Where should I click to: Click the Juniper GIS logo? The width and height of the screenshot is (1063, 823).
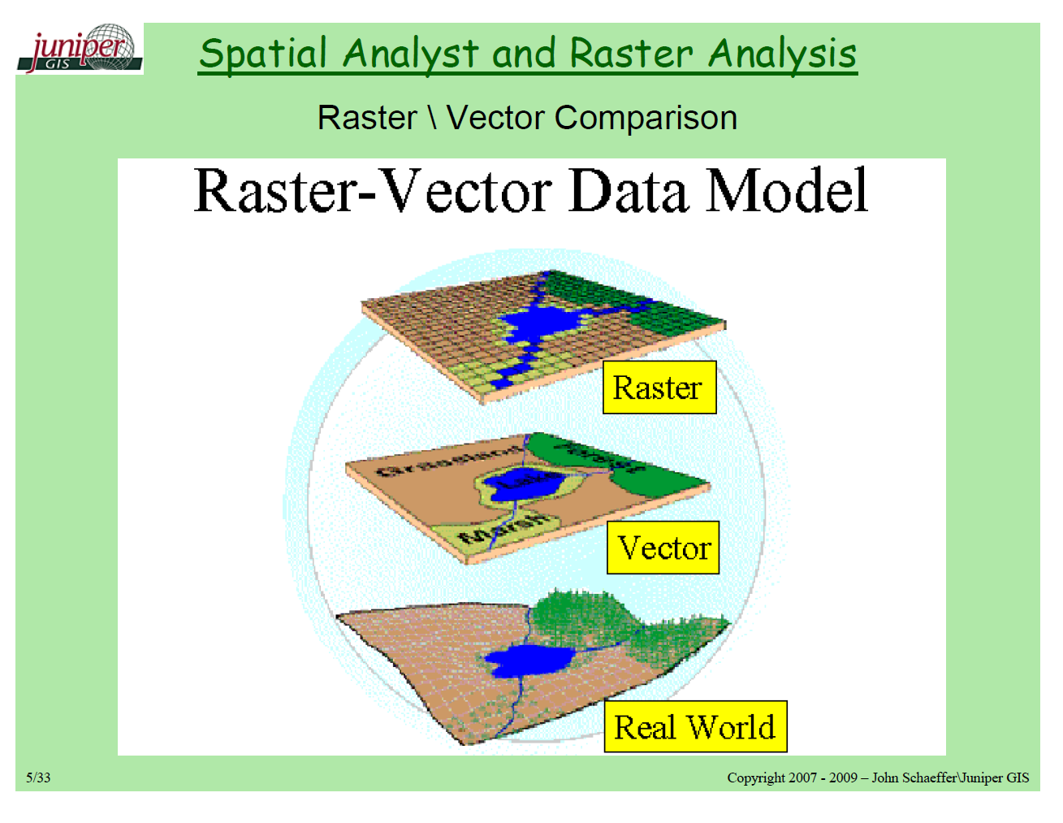(80, 49)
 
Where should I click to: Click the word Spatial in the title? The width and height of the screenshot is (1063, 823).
(263, 54)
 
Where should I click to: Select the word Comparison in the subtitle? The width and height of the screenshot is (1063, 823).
(646, 118)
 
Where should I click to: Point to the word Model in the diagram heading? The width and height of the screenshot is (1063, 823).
(786, 192)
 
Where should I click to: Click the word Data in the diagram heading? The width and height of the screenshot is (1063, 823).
(627, 192)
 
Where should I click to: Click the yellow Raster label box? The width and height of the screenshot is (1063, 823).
(659, 388)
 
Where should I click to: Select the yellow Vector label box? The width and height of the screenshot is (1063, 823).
(663, 548)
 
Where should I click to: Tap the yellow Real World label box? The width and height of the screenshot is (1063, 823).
(695, 726)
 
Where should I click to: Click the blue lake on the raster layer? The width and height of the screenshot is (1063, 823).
(536, 325)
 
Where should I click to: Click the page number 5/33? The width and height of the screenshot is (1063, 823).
(38, 778)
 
